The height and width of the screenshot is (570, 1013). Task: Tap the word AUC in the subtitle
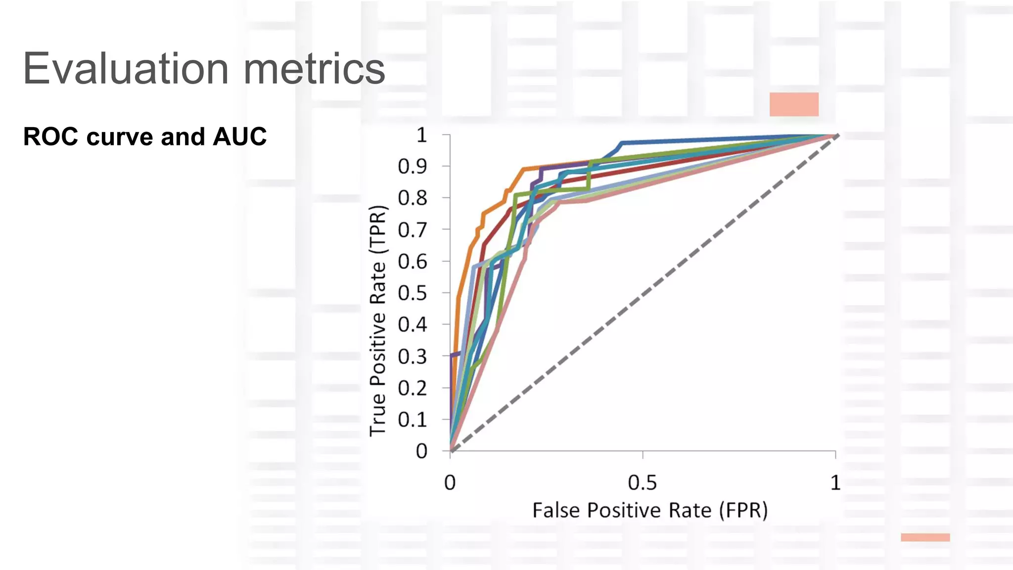(x=239, y=137)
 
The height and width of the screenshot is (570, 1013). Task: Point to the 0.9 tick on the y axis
(x=412, y=167)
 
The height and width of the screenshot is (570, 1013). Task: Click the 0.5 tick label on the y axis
(x=412, y=293)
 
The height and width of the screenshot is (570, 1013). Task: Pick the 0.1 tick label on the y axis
(x=412, y=420)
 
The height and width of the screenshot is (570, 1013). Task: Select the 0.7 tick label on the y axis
(x=412, y=230)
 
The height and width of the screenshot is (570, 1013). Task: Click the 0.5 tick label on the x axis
(x=642, y=482)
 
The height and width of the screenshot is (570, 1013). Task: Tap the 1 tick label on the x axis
(x=835, y=482)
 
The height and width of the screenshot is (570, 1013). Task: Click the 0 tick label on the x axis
(x=450, y=482)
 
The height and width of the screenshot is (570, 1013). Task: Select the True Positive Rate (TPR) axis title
(x=378, y=321)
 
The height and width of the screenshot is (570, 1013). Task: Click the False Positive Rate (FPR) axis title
(x=649, y=510)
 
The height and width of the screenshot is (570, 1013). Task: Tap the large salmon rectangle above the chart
(x=794, y=104)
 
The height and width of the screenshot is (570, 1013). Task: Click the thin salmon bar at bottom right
(x=925, y=537)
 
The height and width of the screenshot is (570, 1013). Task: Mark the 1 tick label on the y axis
(x=421, y=135)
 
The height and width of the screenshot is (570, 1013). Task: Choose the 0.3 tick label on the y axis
(x=412, y=357)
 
